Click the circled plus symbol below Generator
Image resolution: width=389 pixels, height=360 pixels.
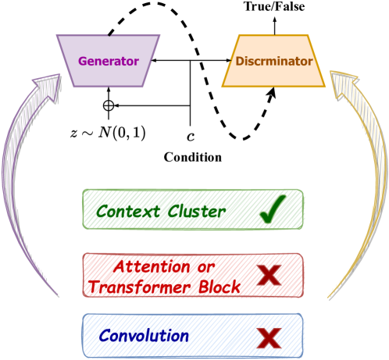point(109,104)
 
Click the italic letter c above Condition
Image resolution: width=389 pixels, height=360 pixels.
point(191,134)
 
